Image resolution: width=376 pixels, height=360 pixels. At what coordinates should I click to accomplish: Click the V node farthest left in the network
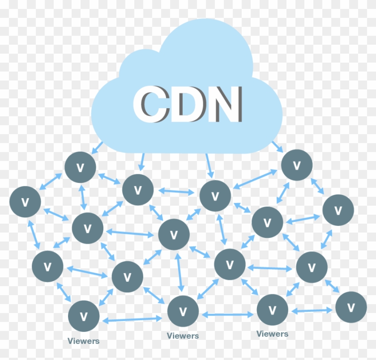(25, 202)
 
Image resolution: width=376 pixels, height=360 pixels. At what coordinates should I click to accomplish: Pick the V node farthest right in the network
(351, 307)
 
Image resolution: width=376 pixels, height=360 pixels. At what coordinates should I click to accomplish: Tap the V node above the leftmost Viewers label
(84, 316)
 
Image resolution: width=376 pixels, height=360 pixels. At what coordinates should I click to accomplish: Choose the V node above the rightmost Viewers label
(272, 309)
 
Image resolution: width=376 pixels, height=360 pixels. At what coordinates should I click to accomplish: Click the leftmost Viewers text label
(84, 341)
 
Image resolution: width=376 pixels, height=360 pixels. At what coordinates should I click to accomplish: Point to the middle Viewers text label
(183, 336)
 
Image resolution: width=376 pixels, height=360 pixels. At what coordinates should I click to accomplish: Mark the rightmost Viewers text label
(272, 334)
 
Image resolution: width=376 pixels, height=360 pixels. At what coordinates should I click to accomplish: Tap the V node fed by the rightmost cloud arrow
(296, 165)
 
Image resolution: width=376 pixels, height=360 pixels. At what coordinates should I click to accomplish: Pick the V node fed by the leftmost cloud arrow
(81, 167)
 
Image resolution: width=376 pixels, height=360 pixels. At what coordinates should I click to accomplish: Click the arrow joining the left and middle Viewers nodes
(132, 319)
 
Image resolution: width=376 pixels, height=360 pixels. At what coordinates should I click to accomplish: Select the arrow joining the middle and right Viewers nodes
(227, 314)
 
